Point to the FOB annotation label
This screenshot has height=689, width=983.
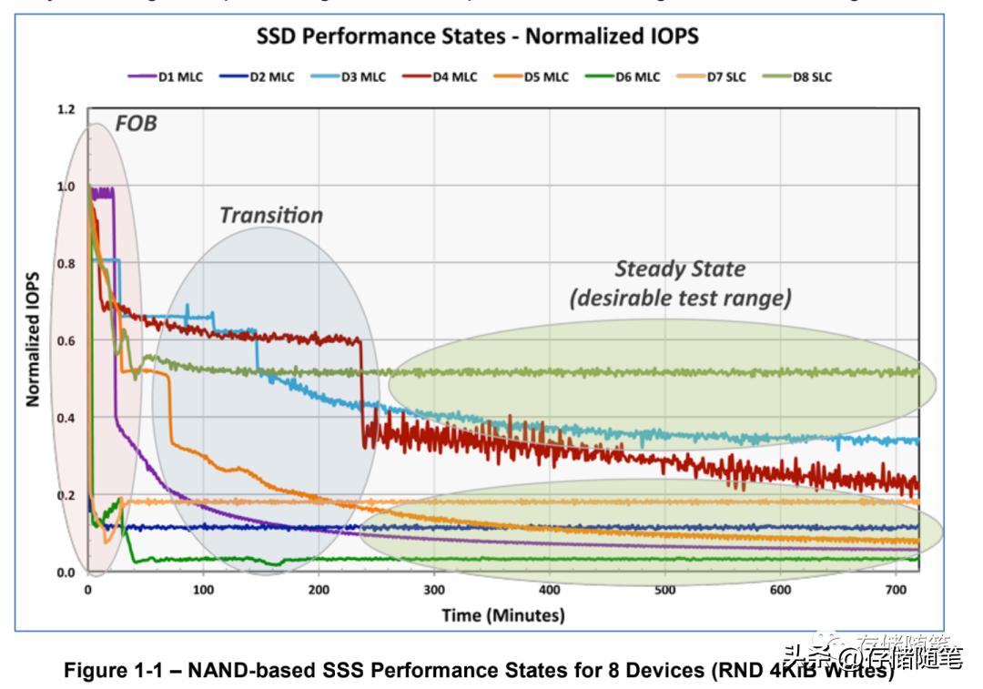click(x=136, y=123)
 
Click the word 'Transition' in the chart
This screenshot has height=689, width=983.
click(x=271, y=216)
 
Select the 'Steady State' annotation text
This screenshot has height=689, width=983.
click(x=680, y=269)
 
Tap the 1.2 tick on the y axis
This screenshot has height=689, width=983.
click(x=65, y=109)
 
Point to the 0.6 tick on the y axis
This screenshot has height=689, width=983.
click(x=65, y=341)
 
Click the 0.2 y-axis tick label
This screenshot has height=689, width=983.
click(x=65, y=496)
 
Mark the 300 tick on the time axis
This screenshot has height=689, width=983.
click(x=434, y=589)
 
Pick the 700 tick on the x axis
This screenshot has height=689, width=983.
click(x=896, y=589)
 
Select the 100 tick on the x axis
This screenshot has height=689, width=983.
click(x=203, y=589)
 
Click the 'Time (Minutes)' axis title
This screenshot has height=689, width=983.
click(x=503, y=615)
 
